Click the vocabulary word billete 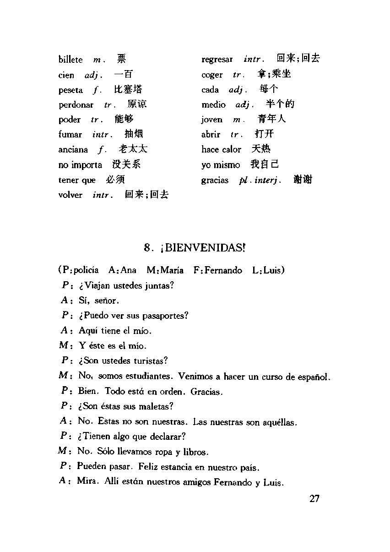coord(70,60)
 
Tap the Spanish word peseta coord(70,90)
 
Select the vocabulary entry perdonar coord(76,105)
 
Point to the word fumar coord(70,135)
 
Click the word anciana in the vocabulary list coord(73,149)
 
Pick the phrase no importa coord(80,165)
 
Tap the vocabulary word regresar coord(217,60)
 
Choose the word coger coord(212,75)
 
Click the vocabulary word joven coord(211,120)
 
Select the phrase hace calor coord(221,149)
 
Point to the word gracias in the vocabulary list coord(215,180)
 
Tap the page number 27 coord(314,498)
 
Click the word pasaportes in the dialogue coord(165,316)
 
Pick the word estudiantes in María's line coord(150,377)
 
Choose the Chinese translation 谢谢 coord(302,180)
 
